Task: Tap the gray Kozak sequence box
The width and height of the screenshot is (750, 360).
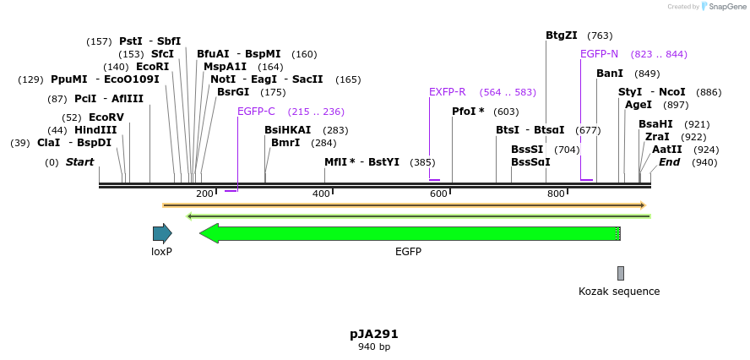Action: click(x=621, y=273)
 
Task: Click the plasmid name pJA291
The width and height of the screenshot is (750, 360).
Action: click(x=374, y=334)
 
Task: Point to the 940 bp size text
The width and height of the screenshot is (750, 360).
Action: click(x=374, y=346)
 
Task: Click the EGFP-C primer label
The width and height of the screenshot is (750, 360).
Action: click(x=256, y=112)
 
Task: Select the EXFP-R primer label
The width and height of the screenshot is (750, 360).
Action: click(x=447, y=92)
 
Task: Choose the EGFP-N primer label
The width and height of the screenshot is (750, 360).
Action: click(x=599, y=54)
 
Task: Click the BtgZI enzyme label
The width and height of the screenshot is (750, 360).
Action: click(x=562, y=35)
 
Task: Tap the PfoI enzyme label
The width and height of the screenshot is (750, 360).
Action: click(x=468, y=112)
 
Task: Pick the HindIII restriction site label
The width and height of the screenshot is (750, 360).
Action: click(x=95, y=130)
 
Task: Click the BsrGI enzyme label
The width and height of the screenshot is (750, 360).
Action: click(x=233, y=92)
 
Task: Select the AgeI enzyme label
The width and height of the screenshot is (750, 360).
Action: click(x=639, y=105)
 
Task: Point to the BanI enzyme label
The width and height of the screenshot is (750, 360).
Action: click(x=610, y=74)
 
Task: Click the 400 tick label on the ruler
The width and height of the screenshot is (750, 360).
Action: click(x=321, y=194)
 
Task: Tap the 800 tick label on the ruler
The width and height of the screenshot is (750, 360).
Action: click(x=556, y=194)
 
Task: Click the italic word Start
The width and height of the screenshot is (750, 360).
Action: click(x=80, y=162)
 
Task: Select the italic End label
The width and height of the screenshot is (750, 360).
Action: click(x=670, y=162)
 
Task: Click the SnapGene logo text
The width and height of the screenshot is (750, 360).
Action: click(x=726, y=7)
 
